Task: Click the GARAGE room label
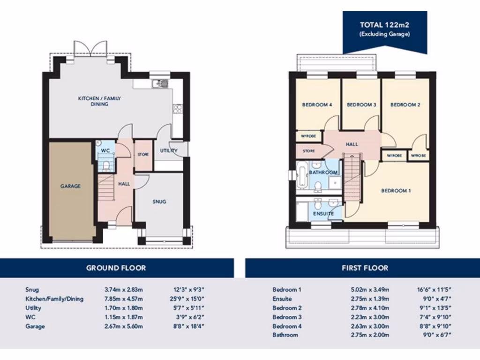[70, 186]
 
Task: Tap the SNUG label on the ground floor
[159, 202]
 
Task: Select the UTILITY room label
[168, 151]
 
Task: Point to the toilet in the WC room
[107, 165]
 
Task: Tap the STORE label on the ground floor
[143, 154]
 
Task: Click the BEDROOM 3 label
[361, 105]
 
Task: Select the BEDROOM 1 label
[396, 191]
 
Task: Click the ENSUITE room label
[323, 214]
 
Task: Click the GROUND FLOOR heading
[116, 268]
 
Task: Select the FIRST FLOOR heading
[364, 268]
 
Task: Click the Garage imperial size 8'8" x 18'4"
[189, 326]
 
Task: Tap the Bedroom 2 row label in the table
[287, 308]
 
